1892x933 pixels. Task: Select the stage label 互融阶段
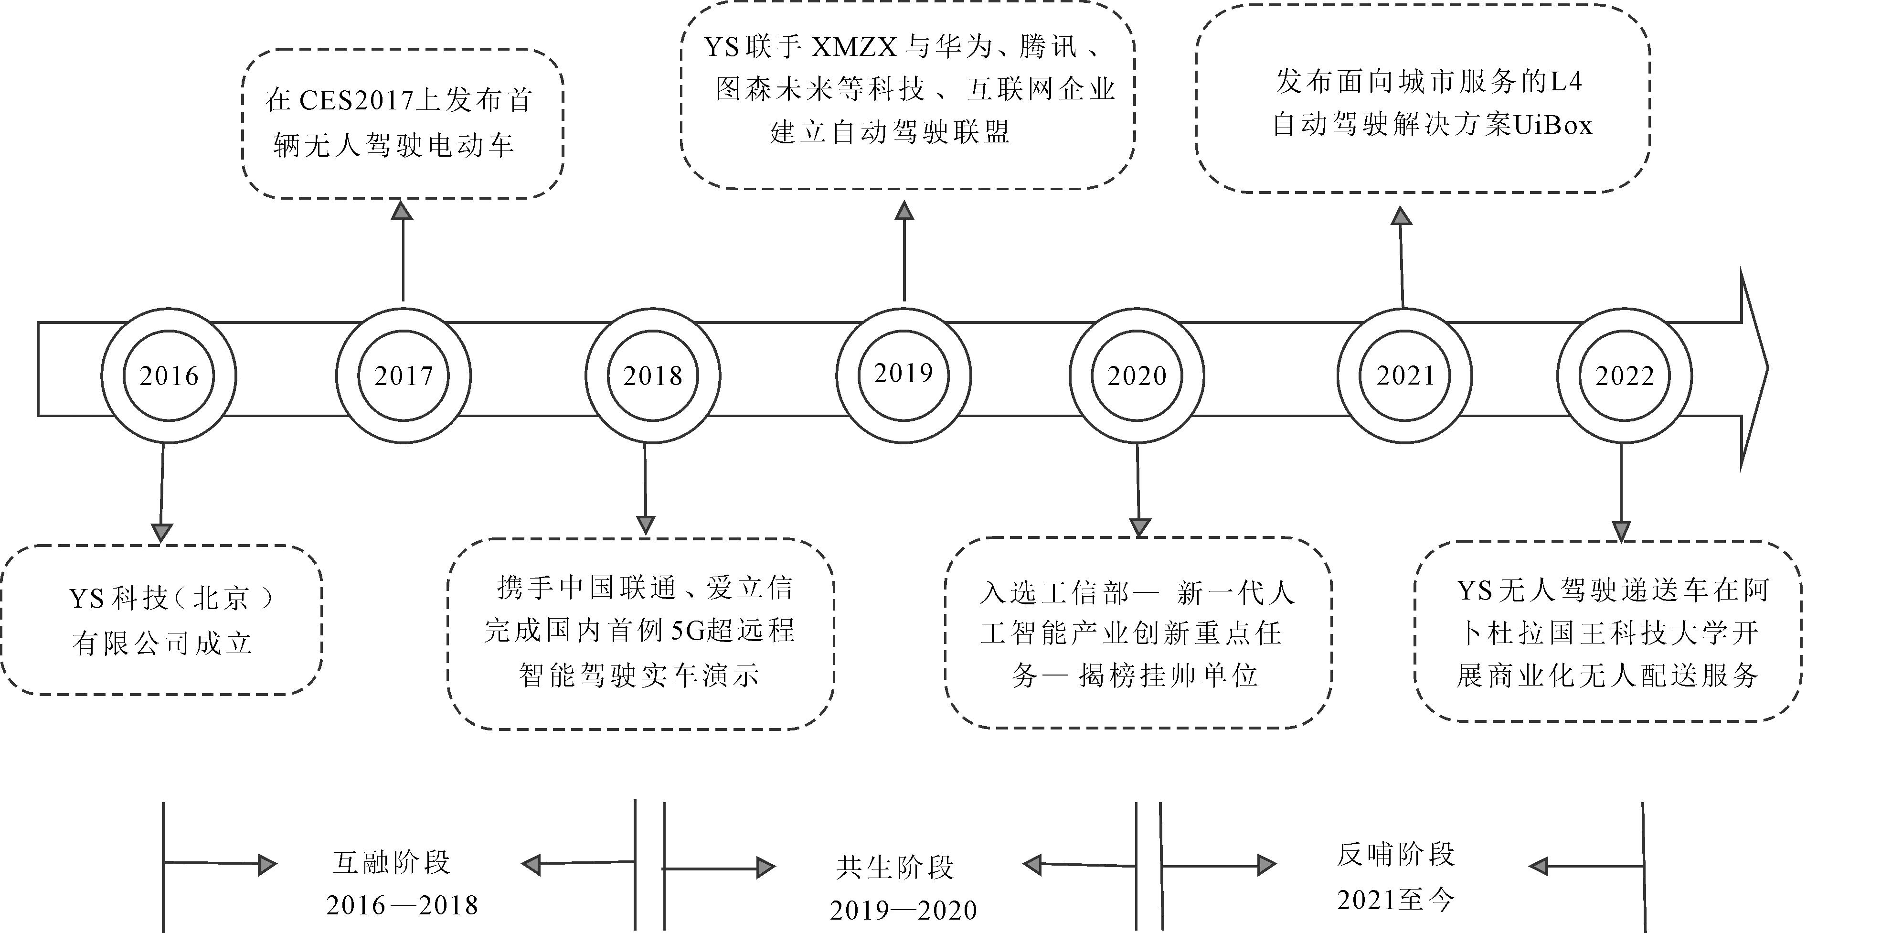pyautogui.click(x=392, y=862)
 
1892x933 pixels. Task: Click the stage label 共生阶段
pyautogui.click(x=894, y=868)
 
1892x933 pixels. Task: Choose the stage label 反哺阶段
pyautogui.click(x=1395, y=854)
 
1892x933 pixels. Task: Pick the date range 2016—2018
pyautogui.click(x=403, y=906)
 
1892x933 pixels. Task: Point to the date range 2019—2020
pyautogui.click(x=903, y=911)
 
